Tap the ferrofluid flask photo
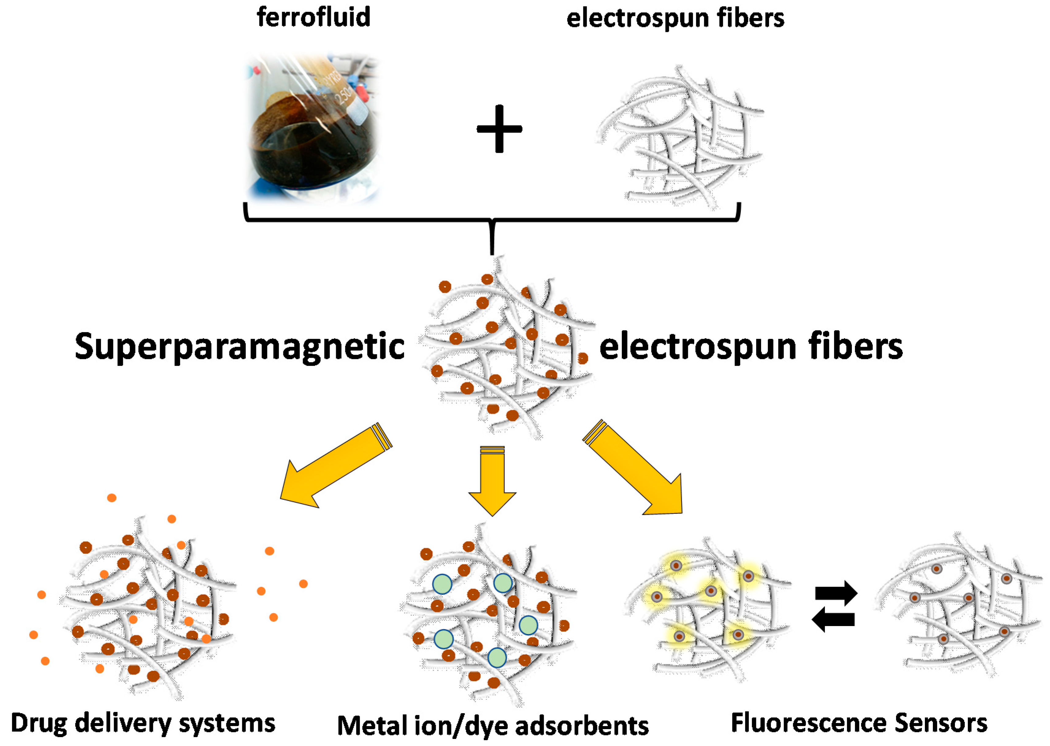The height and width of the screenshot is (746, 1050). pos(314,129)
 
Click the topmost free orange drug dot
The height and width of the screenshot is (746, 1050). pos(112,498)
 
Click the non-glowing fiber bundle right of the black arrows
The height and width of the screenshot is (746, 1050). pos(957,606)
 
